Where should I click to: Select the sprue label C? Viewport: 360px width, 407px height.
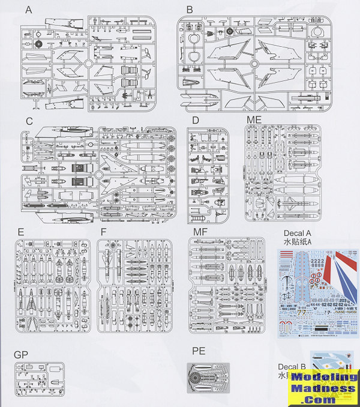click(29, 121)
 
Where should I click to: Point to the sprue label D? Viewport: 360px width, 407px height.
click(195, 120)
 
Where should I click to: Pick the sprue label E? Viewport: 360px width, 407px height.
click(21, 231)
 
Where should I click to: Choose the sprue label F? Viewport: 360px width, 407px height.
click(104, 231)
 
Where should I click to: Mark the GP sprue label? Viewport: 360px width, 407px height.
click(21, 355)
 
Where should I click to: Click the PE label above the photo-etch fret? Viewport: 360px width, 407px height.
click(199, 349)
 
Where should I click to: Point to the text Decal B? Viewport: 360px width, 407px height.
click(293, 367)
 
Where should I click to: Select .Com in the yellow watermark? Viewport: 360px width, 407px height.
click(324, 399)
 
